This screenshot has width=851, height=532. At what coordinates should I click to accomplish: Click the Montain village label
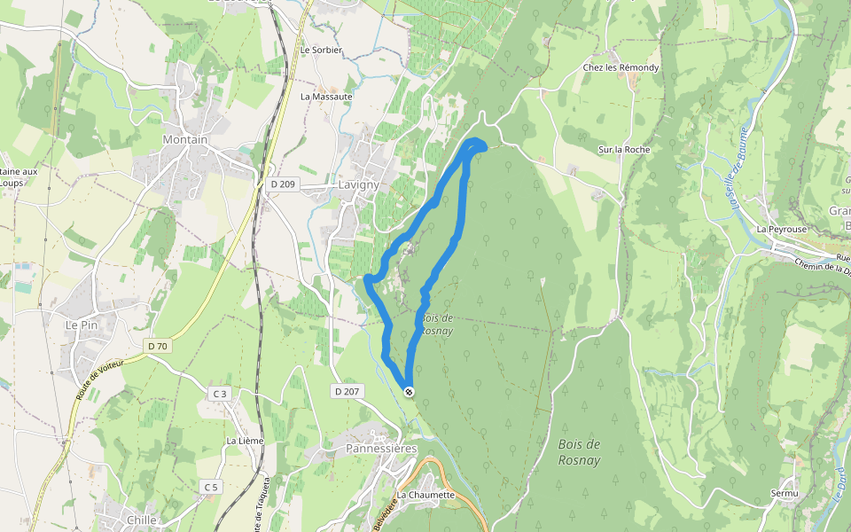click(x=185, y=140)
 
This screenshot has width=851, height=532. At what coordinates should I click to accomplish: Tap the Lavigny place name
click(x=358, y=184)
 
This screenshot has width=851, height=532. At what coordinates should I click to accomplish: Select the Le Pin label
click(x=82, y=325)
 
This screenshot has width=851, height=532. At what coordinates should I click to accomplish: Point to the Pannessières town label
click(x=380, y=449)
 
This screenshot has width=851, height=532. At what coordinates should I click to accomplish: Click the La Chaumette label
click(x=425, y=495)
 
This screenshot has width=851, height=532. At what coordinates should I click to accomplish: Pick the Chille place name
click(x=142, y=520)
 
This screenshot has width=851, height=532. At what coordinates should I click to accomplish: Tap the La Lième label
click(x=245, y=440)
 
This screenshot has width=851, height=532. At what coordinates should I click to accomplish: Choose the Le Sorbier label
click(x=321, y=51)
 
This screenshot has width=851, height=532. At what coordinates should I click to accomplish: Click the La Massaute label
click(x=326, y=96)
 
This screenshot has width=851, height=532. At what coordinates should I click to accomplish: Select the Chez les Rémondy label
click(x=621, y=67)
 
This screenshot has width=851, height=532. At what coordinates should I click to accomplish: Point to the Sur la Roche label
click(x=624, y=150)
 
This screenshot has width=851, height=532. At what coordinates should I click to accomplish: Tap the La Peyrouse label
click(x=782, y=229)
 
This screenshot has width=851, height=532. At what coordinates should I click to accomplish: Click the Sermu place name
click(x=785, y=493)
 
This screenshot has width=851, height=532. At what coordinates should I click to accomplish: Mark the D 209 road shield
click(x=283, y=184)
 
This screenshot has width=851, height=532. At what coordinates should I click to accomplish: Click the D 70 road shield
click(x=158, y=345)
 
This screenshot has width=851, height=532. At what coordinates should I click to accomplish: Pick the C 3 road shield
click(x=220, y=393)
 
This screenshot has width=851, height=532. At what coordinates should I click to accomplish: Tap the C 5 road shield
click(x=210, y=487)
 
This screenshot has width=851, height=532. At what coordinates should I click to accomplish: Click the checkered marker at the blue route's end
click(x=408, y=391)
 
